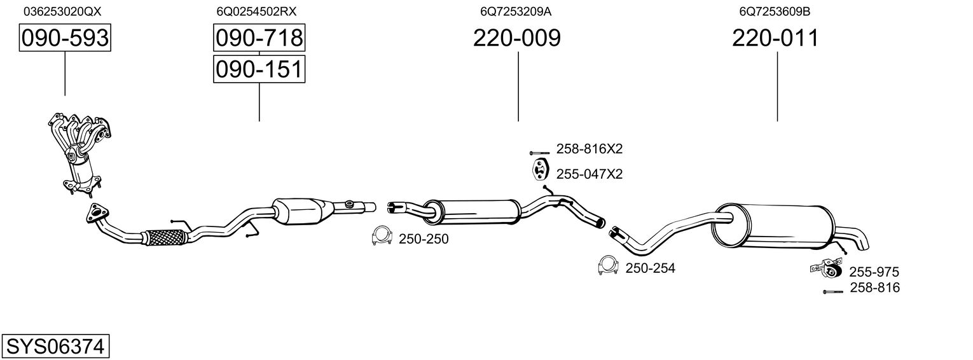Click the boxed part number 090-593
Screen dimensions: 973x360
(65, 38)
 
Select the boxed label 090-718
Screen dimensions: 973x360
(259, 38)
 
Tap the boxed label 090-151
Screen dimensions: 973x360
(259, 69)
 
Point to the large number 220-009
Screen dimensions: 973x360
(516, 38)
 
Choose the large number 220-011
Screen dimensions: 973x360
(775, 38)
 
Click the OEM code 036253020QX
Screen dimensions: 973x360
(62, 11)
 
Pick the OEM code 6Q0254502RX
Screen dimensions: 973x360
(256, 11)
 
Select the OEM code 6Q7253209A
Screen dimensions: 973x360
(516, 11)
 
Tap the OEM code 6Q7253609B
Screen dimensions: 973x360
(775, 11)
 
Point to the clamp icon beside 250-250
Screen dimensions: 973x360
(381, 236)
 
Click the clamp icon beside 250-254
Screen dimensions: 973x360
(608, 266)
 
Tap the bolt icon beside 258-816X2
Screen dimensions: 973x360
(539, 153)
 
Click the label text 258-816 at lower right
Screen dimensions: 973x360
(874, 287)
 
